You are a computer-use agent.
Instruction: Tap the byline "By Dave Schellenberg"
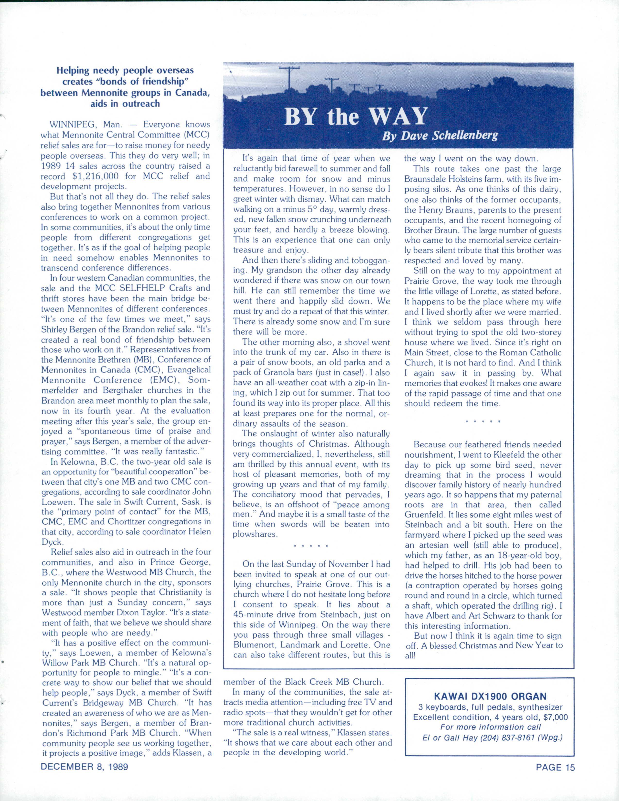[x=440, y=136]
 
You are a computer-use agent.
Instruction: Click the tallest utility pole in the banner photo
[x=289, y=79]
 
